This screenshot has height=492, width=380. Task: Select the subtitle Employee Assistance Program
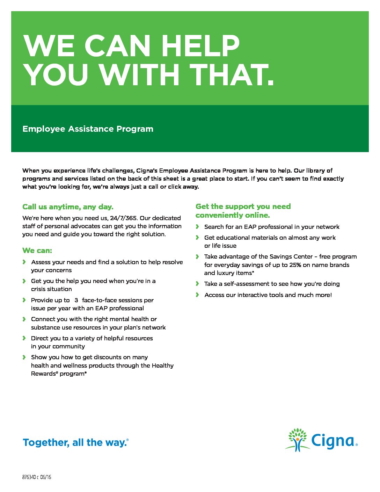(88, 129)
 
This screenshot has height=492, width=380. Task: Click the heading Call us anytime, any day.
(68, 207)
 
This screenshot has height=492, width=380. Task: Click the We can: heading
(37, 251)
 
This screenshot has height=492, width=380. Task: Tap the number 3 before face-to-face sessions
(76, 300)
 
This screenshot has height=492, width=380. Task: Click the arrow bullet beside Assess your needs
(24, 262)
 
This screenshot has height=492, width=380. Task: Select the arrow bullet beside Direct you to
(24, 338)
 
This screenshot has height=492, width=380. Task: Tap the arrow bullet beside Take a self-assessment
(197, 284)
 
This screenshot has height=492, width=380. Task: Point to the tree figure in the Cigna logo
(297, 440)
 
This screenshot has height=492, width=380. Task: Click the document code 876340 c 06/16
(37, 477)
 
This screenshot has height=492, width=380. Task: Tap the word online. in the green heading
(257, 215)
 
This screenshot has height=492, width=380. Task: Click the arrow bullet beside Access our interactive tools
(197, 295)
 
